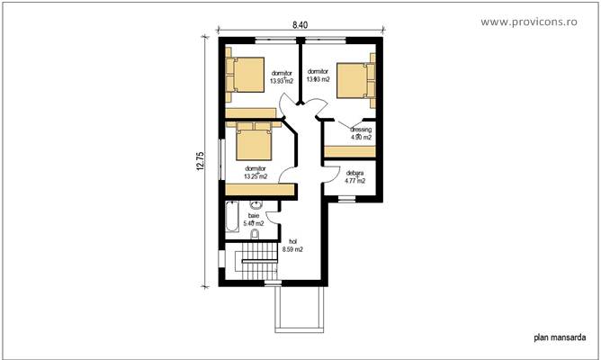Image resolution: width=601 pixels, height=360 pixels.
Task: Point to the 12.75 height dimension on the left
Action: point(202,163)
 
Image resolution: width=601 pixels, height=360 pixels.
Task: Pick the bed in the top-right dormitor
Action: point(355,79)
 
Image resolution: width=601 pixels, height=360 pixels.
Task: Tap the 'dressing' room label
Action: point(360,130)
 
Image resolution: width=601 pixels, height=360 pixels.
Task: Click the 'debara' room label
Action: point(354,173)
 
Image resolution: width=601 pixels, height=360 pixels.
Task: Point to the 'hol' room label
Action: point(292,240)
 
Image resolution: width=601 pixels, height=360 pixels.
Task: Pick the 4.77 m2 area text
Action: point(354,181)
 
